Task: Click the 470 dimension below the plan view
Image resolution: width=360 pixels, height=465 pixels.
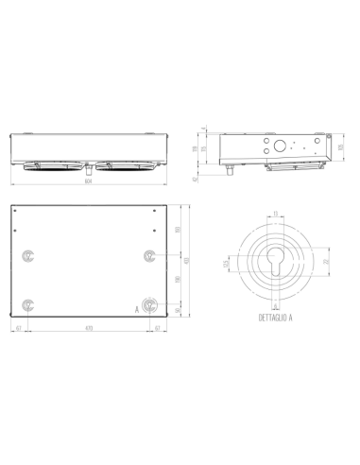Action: (88, 327)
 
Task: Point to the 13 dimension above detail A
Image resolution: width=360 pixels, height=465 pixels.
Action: (273, 214)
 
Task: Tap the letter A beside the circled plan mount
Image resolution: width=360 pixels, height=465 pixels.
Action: (137, 307)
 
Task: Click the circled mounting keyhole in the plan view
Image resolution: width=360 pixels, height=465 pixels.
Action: (149, 305)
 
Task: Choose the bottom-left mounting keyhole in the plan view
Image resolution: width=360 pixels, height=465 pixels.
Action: (28, 305)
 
